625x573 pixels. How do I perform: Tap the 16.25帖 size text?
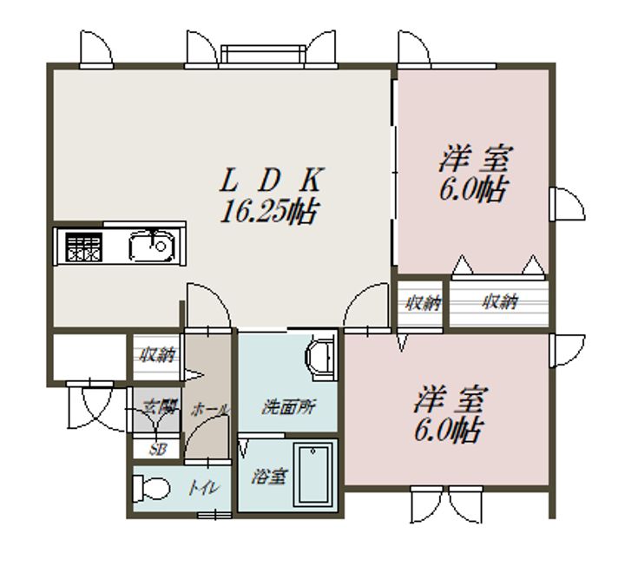click(267, 211)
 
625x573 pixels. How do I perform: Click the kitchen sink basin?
click(153, 247)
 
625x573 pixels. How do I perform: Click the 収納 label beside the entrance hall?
click(155, 354)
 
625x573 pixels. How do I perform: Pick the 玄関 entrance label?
click(156, 405)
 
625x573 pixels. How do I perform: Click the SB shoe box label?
click(156, 449)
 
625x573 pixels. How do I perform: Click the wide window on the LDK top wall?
click(263, 56)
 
